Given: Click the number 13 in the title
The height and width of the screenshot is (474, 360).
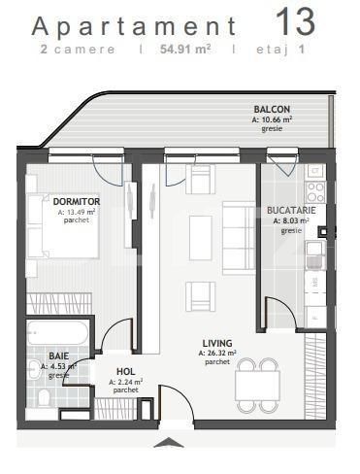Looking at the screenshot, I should (296, 21).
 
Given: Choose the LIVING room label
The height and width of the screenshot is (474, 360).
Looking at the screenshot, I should (216, 343).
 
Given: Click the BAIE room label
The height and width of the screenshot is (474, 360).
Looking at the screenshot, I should (58, 356).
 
